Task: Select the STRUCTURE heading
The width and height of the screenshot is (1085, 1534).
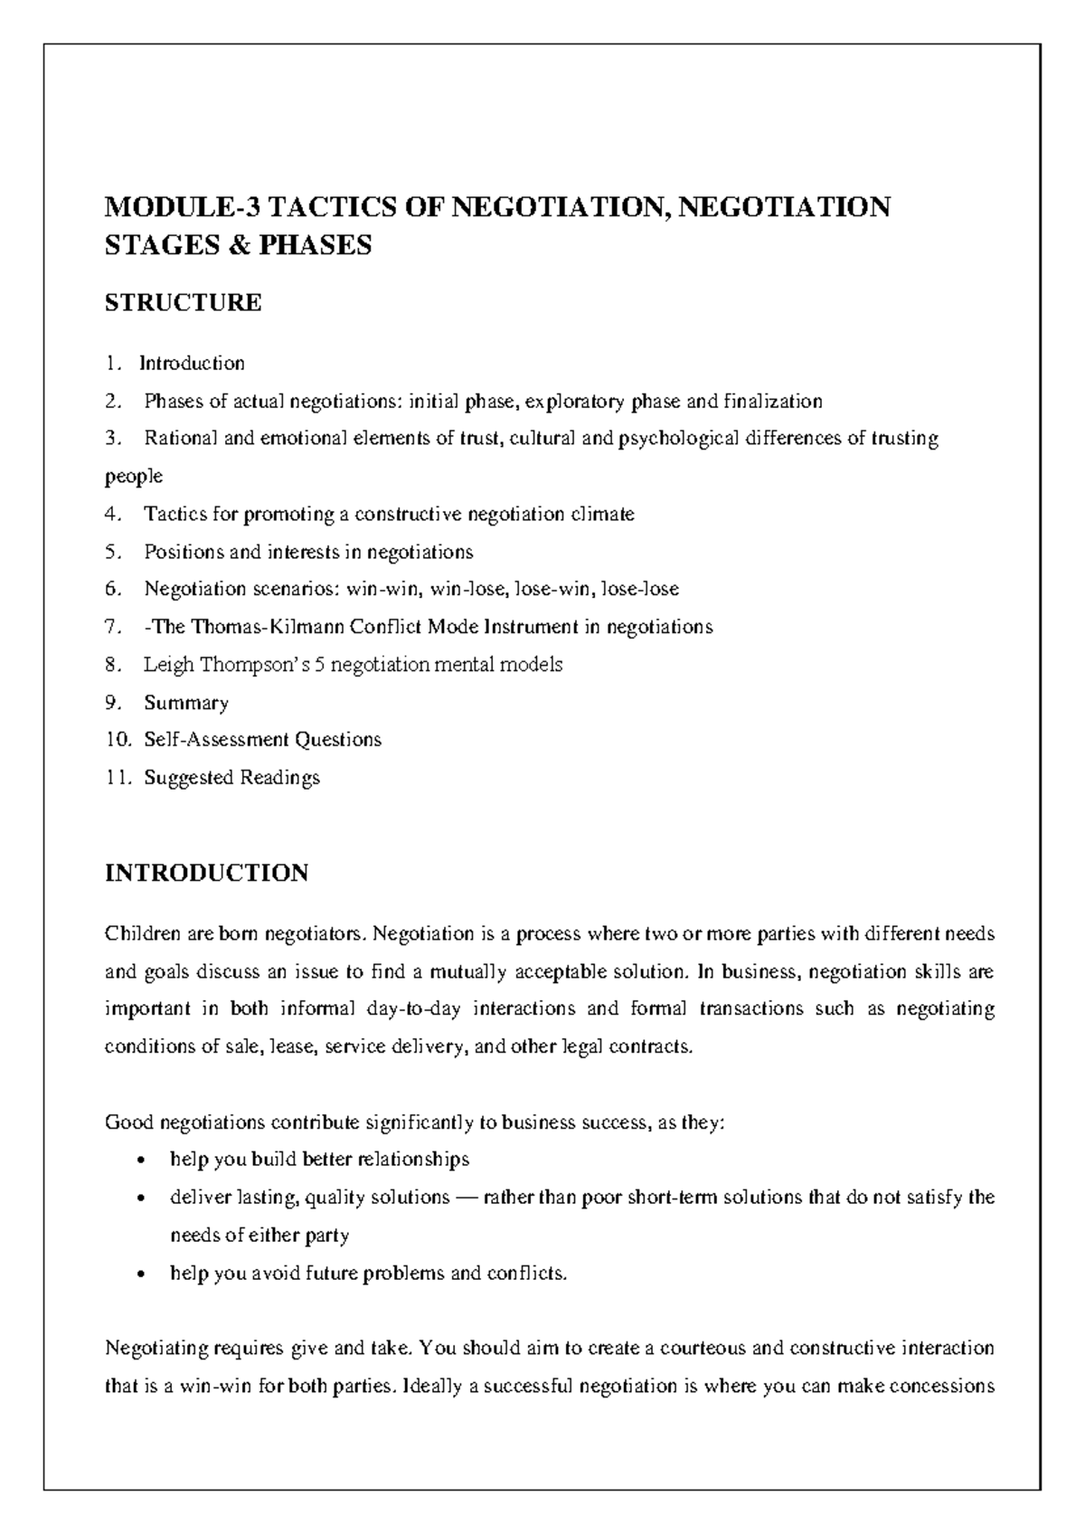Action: tap(184, 302)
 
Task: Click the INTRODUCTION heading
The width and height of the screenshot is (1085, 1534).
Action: tap(206, 873)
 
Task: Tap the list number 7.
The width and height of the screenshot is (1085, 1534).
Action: tap(112, 627)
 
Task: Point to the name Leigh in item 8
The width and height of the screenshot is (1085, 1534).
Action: tap(168, 665)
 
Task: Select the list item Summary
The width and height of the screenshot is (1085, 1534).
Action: tap(185, 703)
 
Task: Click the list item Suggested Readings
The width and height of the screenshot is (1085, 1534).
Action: tap(231, 778)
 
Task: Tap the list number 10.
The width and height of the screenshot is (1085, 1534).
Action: tap(117, 740)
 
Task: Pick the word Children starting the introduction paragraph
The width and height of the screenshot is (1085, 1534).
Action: tap(145, 933)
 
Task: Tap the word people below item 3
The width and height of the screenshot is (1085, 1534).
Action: tap(134, 476)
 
